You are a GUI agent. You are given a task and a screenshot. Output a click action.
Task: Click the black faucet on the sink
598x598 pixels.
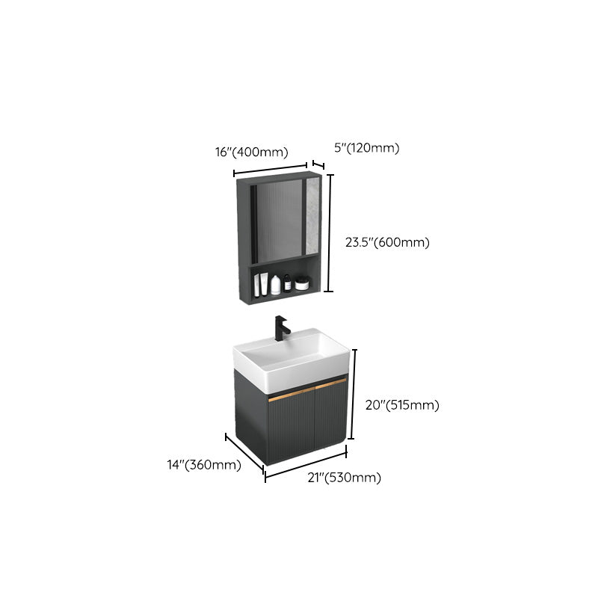point(281,328)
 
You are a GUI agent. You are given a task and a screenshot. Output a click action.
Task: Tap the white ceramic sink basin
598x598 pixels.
point(292,360)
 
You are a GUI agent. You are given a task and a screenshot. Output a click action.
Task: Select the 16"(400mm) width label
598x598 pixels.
point(252,152)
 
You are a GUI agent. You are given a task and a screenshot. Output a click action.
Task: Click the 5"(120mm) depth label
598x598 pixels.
point(366,148)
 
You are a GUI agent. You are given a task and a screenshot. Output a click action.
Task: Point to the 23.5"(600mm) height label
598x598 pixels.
point(387,242)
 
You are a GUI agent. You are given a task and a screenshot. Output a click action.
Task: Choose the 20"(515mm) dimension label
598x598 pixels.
point(402,405)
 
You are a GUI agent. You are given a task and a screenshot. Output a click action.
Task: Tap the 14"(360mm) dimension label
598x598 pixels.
point(204,465)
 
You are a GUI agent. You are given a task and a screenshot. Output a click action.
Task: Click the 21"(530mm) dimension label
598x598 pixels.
point(345,478)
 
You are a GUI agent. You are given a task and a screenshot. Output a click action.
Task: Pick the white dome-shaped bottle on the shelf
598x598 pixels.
point(275,285)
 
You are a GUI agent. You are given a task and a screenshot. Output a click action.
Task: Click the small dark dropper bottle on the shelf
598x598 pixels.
point(288,284)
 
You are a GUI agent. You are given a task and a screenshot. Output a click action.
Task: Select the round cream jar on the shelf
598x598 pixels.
point(302,283)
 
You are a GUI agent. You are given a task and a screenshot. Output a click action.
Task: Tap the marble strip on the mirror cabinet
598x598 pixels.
point(312,216)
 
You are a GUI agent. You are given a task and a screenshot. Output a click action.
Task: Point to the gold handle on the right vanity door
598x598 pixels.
point(331,384)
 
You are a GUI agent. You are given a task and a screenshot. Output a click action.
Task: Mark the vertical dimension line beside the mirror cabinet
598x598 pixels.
point(329,233)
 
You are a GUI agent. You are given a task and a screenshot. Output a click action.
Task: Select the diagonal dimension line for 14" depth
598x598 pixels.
point(244,453)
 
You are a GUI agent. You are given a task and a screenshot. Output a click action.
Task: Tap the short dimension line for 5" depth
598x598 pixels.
point(318,164)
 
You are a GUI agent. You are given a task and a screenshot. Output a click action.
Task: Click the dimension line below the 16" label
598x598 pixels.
point(271,170)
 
